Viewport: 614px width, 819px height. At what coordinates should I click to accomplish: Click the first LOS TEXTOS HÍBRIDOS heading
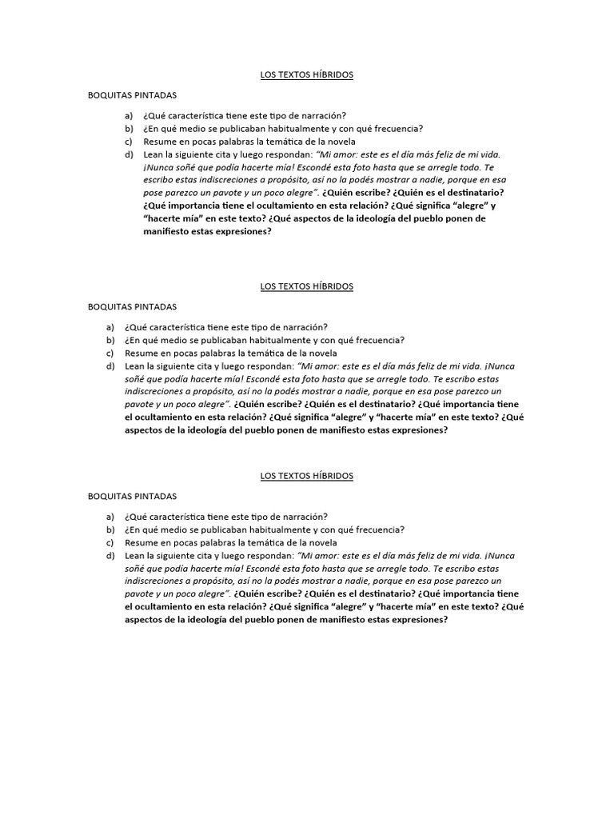[307, 75]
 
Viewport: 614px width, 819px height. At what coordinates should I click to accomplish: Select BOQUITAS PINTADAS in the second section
[132, 306]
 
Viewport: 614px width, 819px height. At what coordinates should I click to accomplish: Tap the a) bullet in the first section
[128, 116]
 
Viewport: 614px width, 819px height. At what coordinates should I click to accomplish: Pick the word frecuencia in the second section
[378, 340]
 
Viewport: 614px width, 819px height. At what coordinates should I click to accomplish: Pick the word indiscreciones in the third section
[153, 581]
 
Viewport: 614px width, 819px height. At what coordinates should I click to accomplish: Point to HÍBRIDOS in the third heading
[330, 476]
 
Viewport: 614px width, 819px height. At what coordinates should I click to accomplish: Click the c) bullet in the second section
[110, 353]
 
